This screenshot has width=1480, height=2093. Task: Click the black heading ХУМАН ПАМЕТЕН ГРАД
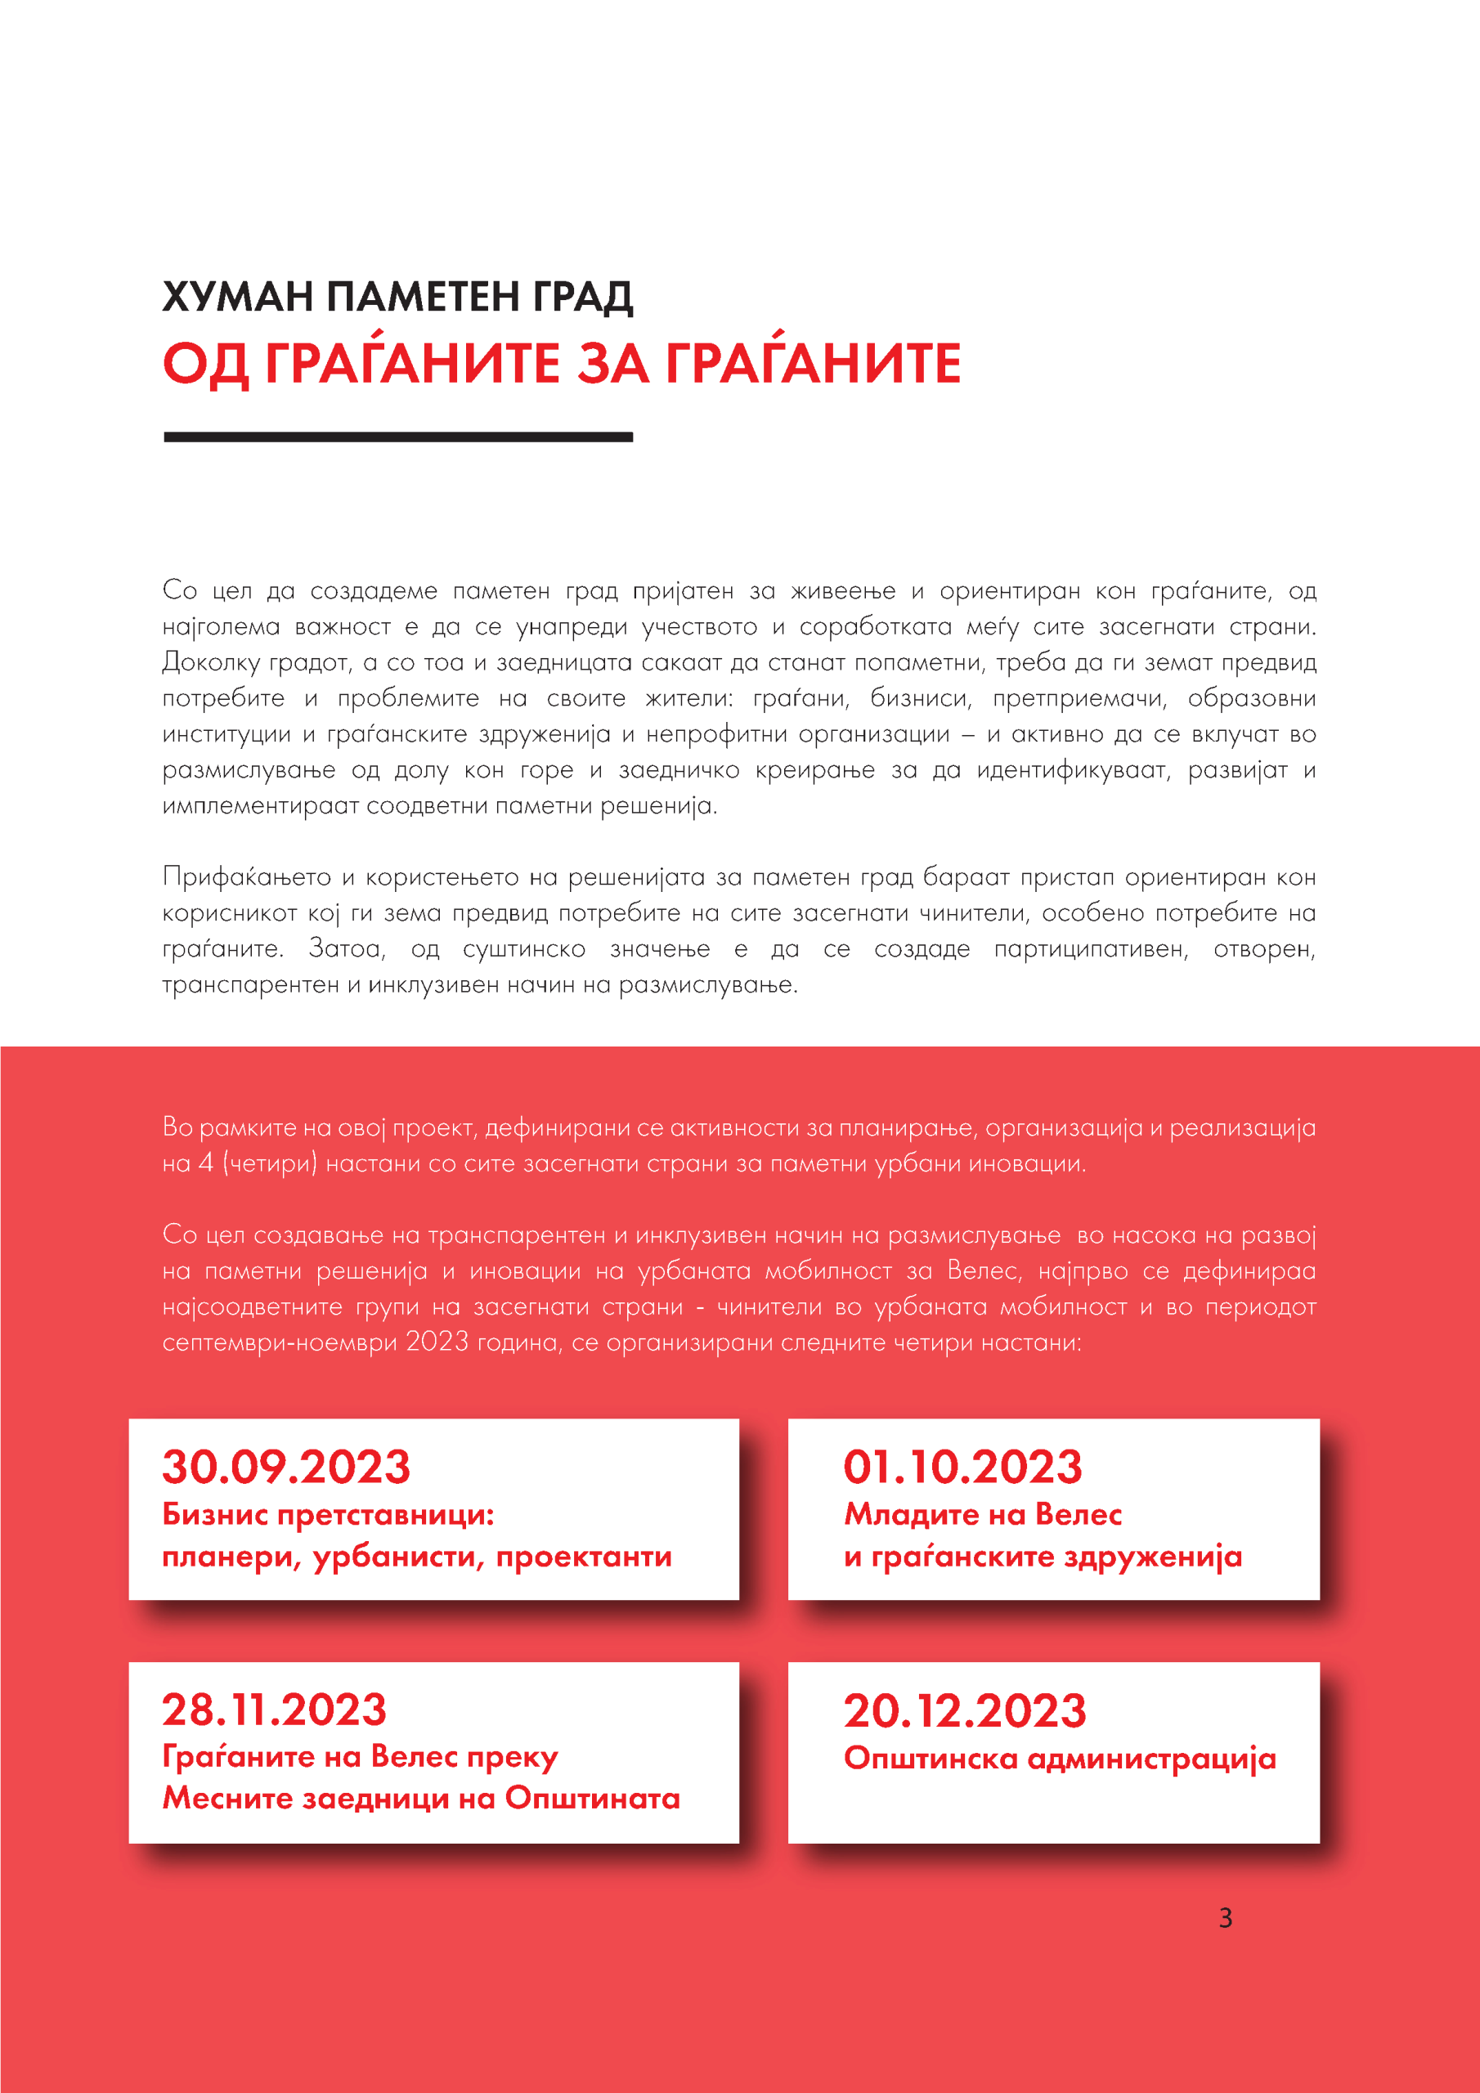pyautogui.click(x=397, y=297)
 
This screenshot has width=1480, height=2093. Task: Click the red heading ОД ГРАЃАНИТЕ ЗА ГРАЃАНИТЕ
pyautogui.click(x=562, y=364)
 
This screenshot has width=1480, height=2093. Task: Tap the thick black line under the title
pyautogui.click(x=397, y=437)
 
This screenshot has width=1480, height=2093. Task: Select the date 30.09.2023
pyautogui.click(x=286, y=1468)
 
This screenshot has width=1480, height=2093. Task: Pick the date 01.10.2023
pyautogui.click(x=962, y=1468)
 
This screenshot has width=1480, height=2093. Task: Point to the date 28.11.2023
pyautogui.click(x=275, y=1710)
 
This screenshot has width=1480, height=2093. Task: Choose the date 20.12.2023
pyautogui.click(x=965, y=1711)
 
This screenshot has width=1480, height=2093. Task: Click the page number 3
pyautogui.click(x=1226, y=1918)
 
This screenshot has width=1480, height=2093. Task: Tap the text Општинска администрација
pyautogui.click(x=1059, y=1759)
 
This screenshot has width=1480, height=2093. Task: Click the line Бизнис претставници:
pyautogui.click(x=328, y=1514)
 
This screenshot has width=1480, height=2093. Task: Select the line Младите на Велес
pyautogui.click(x=982, y=1514)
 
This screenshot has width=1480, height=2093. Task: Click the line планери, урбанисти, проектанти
pyautogui.click(x=417, y=1556)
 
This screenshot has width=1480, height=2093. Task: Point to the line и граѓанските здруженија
pyautogui.click(x=1043, y=1556)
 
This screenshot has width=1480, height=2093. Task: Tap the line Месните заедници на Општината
pyautogui.click(x=421, y=1799)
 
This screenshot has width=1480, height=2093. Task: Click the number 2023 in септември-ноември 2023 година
pyautogui.click(x=437, y=1342)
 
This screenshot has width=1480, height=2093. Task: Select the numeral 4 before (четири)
pyautogui.click(x=206, y=1163)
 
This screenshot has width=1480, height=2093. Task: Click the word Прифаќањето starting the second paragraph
pyautogui.click(x=246, y=877)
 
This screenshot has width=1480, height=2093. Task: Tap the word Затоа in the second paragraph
pyautogui.click(x=346, y=949)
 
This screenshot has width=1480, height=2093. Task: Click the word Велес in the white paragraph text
pyautogui.click(x=983, y=1271)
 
